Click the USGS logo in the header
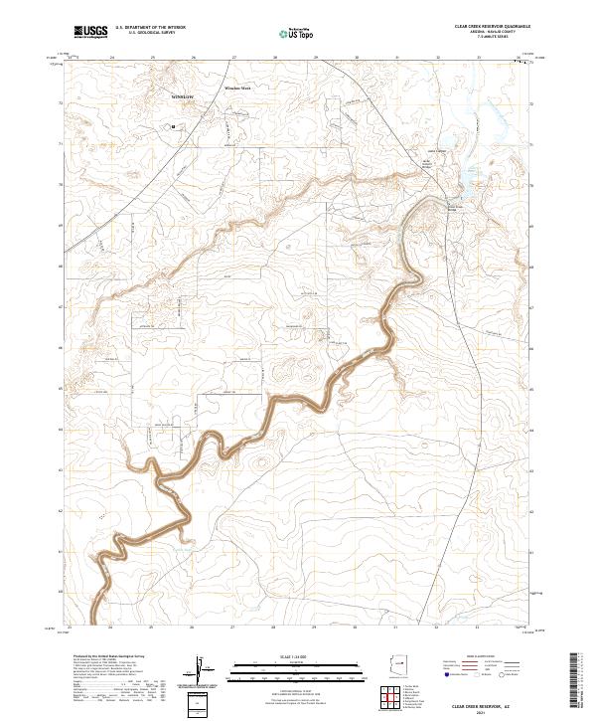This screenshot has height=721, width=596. [x=89, y=31]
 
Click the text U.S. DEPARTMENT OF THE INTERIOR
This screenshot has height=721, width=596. [x=150, y=27]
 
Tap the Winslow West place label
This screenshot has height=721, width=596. [x=239, y=89]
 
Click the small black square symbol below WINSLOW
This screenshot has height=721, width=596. [x=174, y=126]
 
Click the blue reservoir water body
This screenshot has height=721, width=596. [x=464, y=179]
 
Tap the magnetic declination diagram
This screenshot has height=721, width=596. [x=203, y=668]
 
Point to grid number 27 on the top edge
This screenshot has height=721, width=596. [x=233, y=58]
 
